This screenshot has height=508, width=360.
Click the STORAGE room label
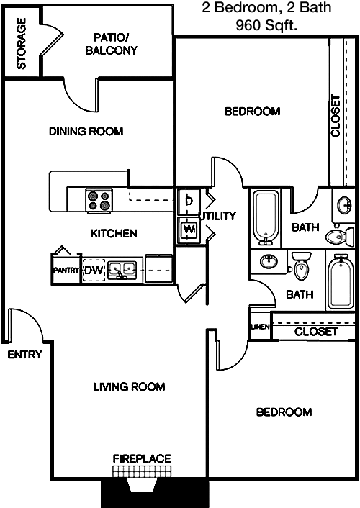[x=22, y=43]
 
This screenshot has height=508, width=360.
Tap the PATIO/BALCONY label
[x=112, y=44]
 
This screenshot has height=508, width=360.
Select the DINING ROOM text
[x=86, y=131]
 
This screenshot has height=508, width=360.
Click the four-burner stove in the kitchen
[x=99, y=201]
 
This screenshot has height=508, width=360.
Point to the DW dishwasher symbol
[x=94, y=270]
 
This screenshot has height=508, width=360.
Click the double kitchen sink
[x=121, y=270]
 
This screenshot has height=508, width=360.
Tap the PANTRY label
[x=66, y=270]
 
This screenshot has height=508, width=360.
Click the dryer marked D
[x=189, y=201]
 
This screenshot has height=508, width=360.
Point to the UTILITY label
[x=217, y=216]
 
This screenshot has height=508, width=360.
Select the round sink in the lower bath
[x=269, y=261]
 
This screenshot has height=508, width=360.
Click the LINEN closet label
[x=260, y=327]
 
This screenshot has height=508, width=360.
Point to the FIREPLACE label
[x=142, y=458]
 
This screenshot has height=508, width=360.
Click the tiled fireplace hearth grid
[x=142, y=471]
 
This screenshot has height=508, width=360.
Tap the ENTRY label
[x=24, y=355]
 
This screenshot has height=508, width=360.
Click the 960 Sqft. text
[x=266, y=25]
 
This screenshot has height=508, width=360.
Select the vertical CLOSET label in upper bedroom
[x=336, y=116]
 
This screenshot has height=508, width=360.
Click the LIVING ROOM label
[x=129, y=386]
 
